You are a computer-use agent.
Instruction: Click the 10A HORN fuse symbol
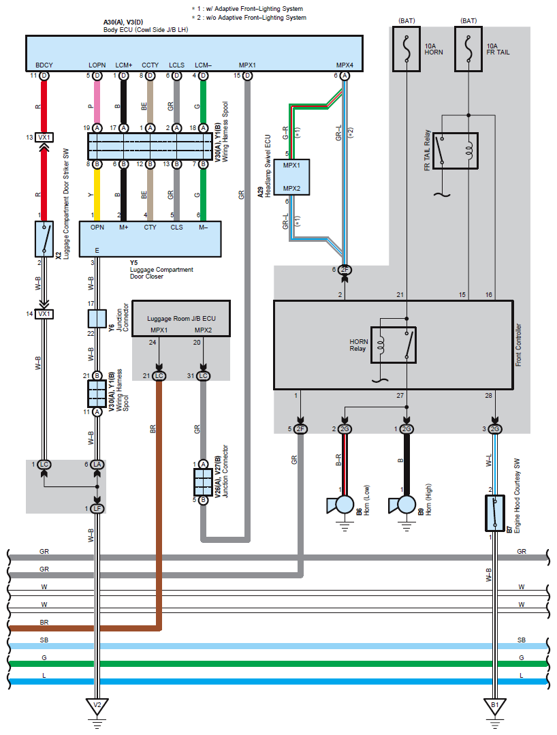(407, 48)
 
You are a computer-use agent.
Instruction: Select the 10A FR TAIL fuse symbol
(468, 48)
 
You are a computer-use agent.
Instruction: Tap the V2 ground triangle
(97, 706)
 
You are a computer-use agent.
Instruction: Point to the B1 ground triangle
(495, 706)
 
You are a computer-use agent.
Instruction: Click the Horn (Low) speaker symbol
(341, 505)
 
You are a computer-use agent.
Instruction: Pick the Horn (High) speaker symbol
(403, 505)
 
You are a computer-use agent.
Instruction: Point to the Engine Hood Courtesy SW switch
(495, 513)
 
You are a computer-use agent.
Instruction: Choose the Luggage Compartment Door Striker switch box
(44, 238)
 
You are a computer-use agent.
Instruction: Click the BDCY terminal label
(44, 65)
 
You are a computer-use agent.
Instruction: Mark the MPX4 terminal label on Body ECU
(345, 65)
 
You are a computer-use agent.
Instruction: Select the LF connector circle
(97, 509)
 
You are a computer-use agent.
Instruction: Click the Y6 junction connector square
(97, 318)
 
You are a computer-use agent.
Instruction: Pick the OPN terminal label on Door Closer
(97, 228)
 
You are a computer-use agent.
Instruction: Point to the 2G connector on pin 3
(495, 428)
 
